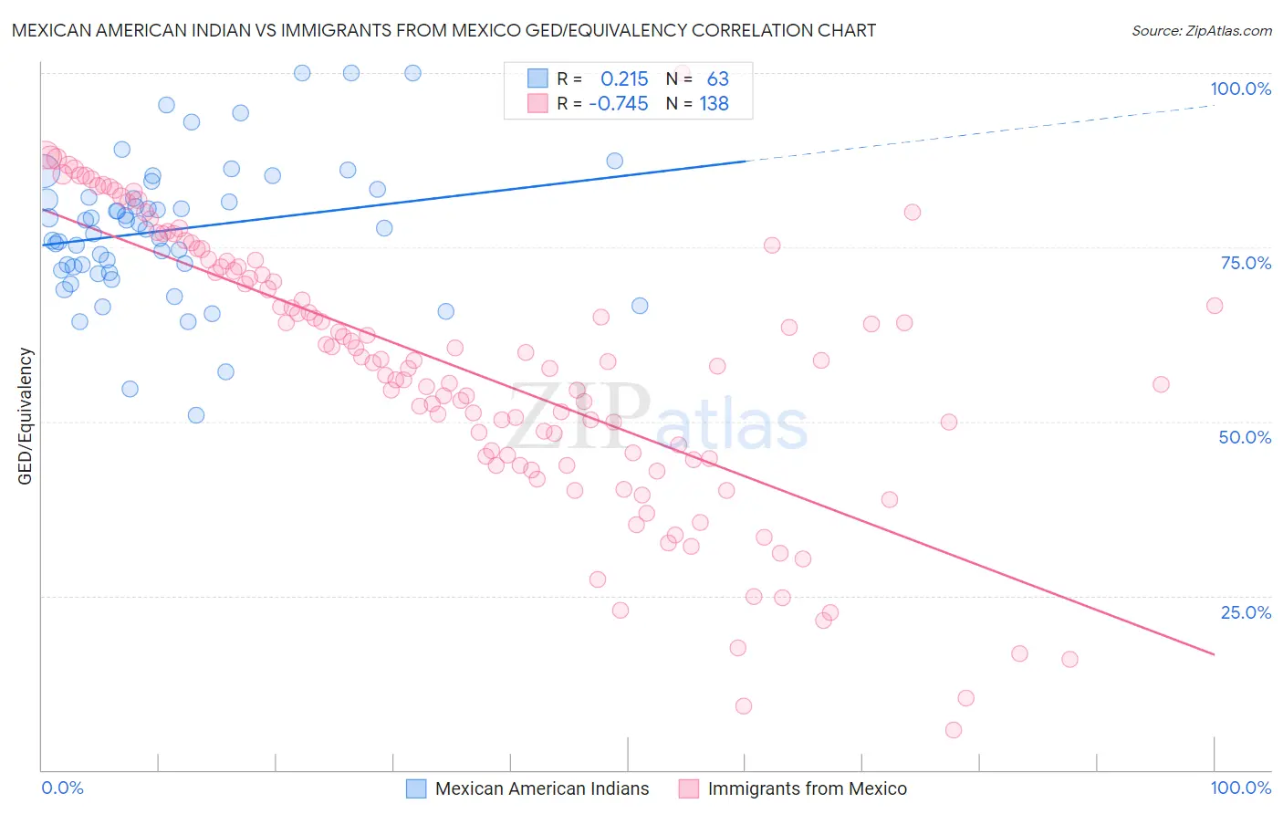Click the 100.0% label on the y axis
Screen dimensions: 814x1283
[1240, 89]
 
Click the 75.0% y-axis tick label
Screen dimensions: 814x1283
[1246, 263]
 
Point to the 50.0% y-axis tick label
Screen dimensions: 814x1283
[1245, 437]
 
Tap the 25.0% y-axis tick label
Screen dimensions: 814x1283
[1246, 612]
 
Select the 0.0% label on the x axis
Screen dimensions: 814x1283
[62, 788]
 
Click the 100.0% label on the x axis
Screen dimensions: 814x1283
[1240, 788]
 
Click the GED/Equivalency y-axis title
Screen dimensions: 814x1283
[26, 416]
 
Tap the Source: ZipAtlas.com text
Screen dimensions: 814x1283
[1201, 30]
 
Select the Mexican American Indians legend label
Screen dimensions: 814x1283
[542, 788]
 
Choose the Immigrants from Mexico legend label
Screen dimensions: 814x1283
[807, 788]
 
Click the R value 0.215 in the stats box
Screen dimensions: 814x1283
[624, 79]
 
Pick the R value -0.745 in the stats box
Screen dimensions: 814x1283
[619, 104]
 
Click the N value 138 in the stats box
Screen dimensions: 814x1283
[714, 104]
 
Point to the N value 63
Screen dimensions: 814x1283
[717, 79]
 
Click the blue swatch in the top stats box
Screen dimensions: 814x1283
[537, 78]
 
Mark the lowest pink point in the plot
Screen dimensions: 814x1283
[954, 730]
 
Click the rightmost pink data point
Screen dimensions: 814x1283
[1215, 306]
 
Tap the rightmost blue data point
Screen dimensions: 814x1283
[640, 306]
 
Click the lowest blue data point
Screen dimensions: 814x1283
[196, 415]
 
